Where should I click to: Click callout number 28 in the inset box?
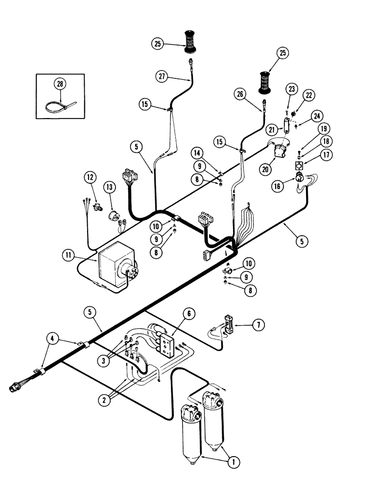pyautogui.click(x=60, y=84)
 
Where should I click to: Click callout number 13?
pyautogui.click(x=110, y=188)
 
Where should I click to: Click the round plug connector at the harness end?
pyautogui.click(x=14, y=388)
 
